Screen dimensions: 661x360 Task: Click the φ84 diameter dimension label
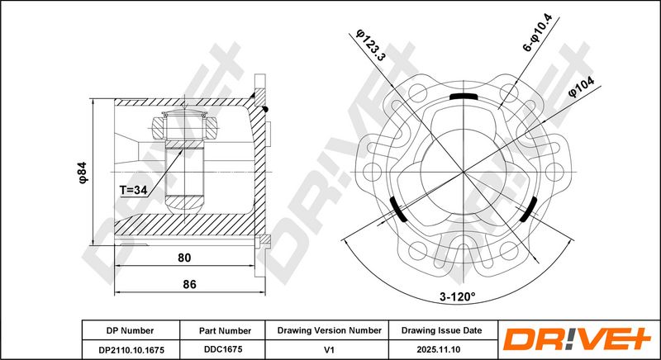83,173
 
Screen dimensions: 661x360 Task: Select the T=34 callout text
133,191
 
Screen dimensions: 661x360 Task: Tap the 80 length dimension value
184,258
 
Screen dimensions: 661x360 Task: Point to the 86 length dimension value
189,284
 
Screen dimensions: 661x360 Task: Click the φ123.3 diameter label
370,45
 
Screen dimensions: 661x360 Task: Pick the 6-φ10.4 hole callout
537,32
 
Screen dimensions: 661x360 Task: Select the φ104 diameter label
582,88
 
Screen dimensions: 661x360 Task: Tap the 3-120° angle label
458,297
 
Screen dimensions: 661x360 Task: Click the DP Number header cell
131,331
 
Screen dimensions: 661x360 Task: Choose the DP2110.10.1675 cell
131,350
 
